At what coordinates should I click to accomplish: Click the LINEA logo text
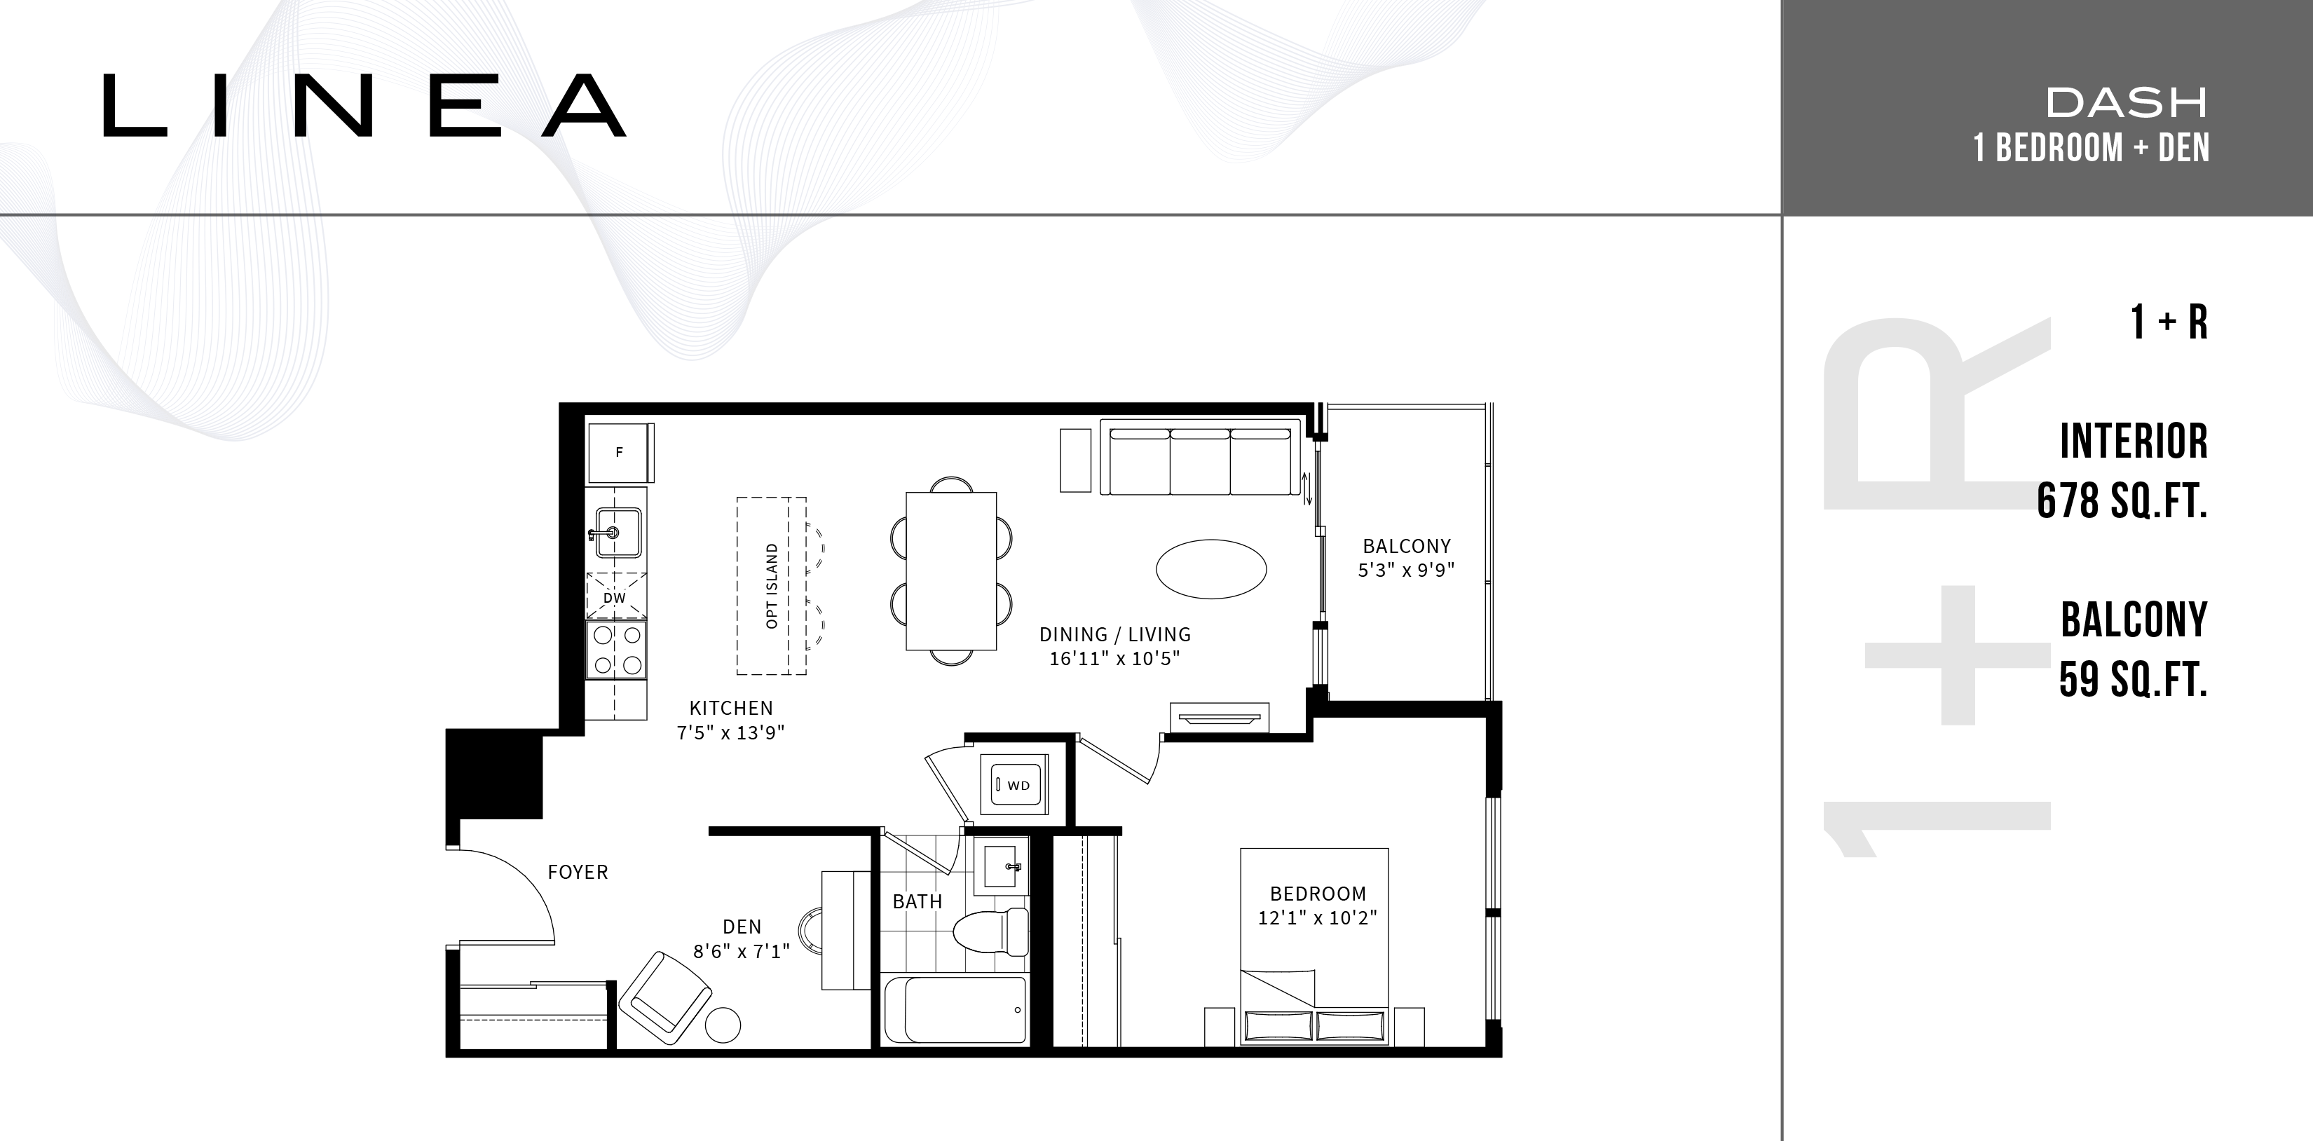click(364, 105)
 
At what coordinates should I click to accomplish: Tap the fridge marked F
click(620, 453)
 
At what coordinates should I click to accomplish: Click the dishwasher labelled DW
click(615, 595)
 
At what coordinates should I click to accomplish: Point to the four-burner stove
click(617, 650)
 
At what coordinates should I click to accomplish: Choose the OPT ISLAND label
click(771, 586)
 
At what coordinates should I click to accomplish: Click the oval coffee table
click(1210, 568)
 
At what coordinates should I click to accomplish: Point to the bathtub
click(955, 1010)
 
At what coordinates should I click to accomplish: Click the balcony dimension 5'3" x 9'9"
click(1406, 570)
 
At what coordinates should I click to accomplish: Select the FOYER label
click(578, 872)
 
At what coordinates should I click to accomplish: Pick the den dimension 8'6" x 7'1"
click(741, 950)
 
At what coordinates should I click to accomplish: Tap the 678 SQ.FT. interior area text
click(2121, 500)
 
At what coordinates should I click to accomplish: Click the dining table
click(951, 570)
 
